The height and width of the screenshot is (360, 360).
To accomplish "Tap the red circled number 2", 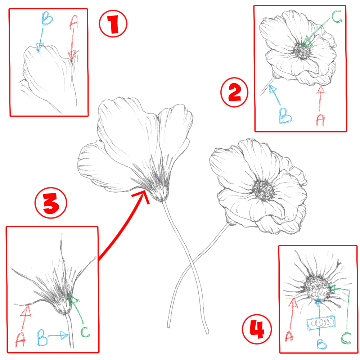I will tap(234, 93).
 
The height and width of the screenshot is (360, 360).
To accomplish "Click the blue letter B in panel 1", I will tap(47, 20).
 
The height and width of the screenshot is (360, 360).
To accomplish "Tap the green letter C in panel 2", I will tap(337, 17).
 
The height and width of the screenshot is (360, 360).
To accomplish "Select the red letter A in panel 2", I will tap(320, 119).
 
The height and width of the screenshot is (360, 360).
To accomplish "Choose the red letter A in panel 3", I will tap(21, 339).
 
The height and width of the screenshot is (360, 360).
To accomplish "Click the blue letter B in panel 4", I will tap(321, 343).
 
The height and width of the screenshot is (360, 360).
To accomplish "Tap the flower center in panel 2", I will tap(302, 51).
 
